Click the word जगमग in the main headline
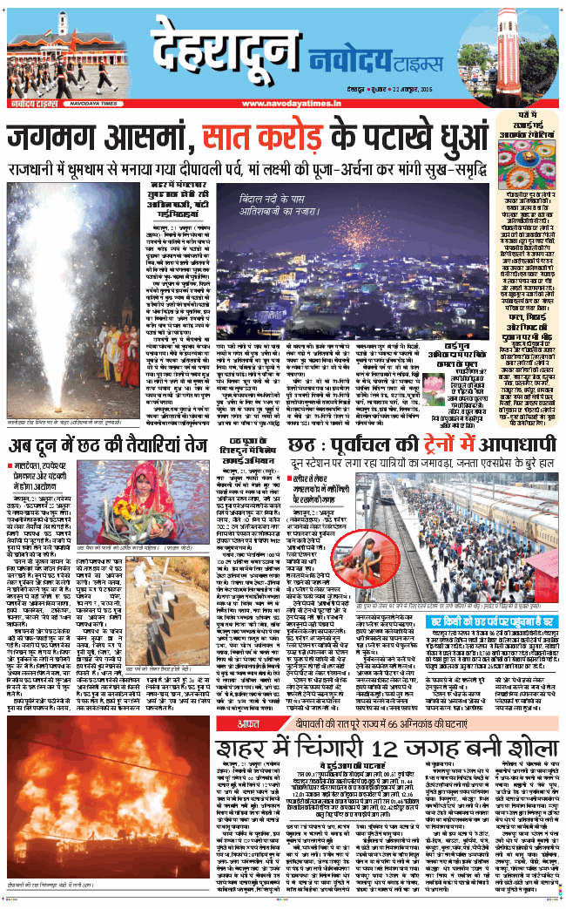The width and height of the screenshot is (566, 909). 60,139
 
